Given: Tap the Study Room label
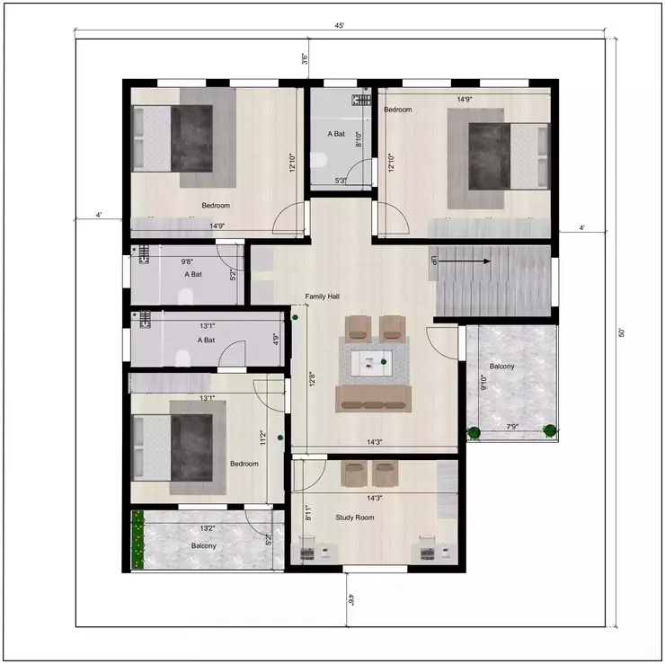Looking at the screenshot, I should tap(354, 518).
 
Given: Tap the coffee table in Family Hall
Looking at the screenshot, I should tap(373, 363).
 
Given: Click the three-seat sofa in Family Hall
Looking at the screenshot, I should tap(373, 398).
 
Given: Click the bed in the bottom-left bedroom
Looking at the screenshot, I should tap(178, 447).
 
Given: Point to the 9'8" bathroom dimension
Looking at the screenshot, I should tap(188, 261).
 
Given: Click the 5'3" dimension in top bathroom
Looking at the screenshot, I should tap(341, 181).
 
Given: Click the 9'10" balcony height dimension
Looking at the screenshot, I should tap(483, 384).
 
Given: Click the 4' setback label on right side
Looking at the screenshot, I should tap(582, 228).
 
